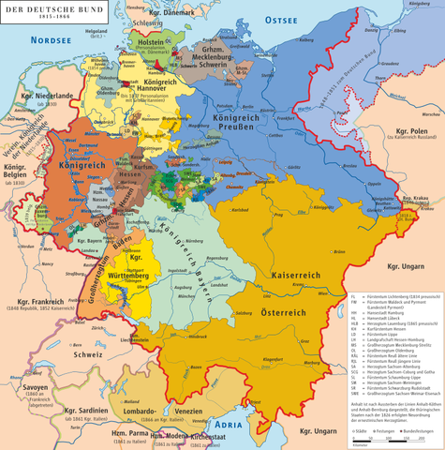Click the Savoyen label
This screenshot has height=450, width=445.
coord(25,365)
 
